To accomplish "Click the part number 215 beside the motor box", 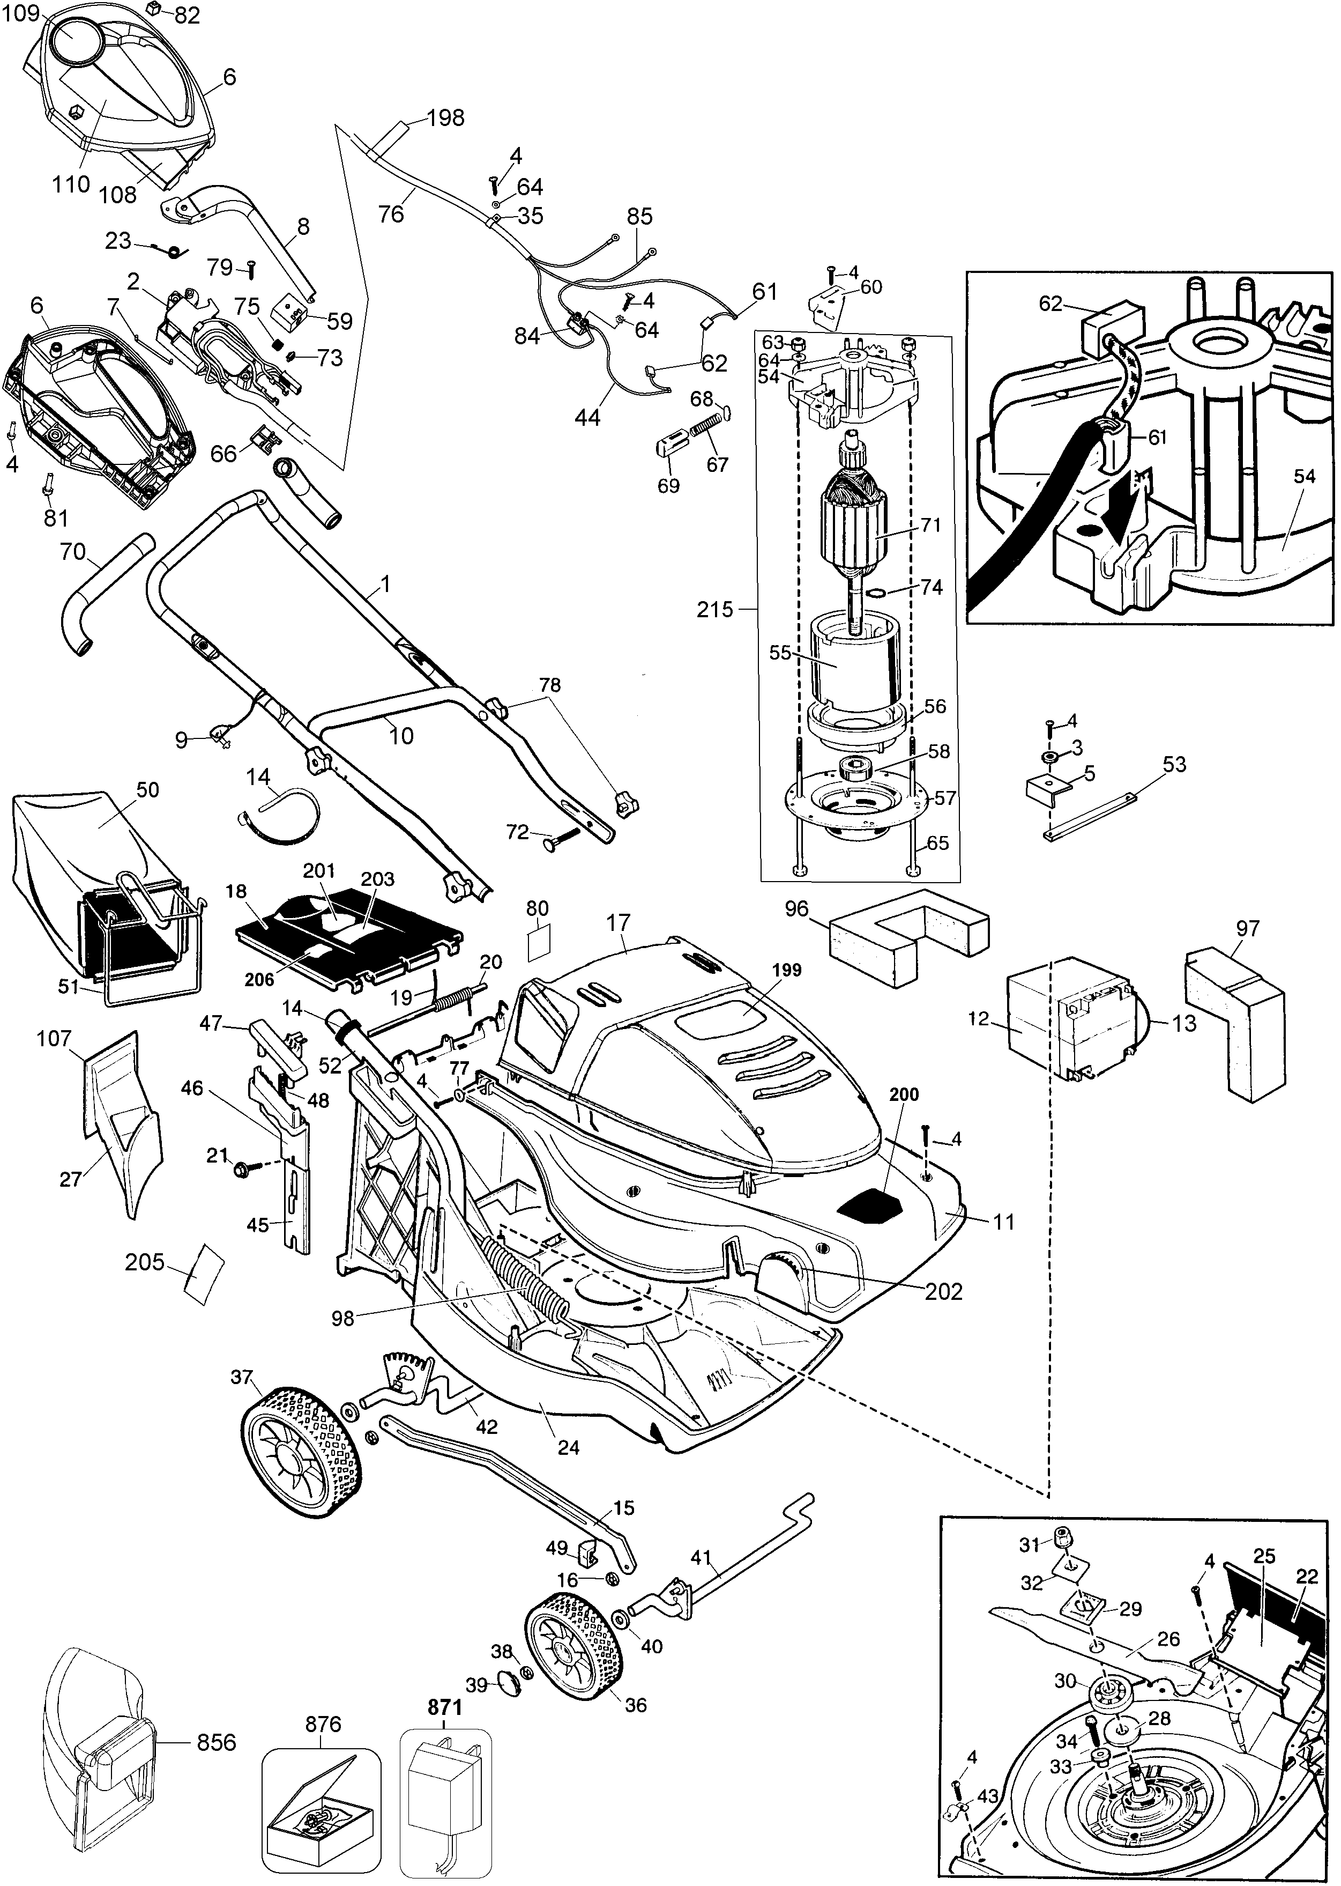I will (x=714, y=610).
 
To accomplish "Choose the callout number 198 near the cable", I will (x=446, y=118).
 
